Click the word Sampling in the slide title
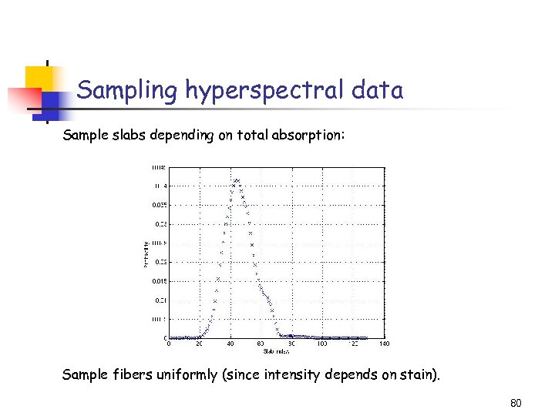point(127,91)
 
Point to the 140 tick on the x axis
point(384,344)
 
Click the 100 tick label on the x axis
point(322,344)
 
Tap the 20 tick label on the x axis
point(200,344)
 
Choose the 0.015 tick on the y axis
point(157,281)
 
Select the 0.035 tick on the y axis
point(157,205)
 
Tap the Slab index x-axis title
point(275,351)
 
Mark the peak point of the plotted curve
point(237,180)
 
